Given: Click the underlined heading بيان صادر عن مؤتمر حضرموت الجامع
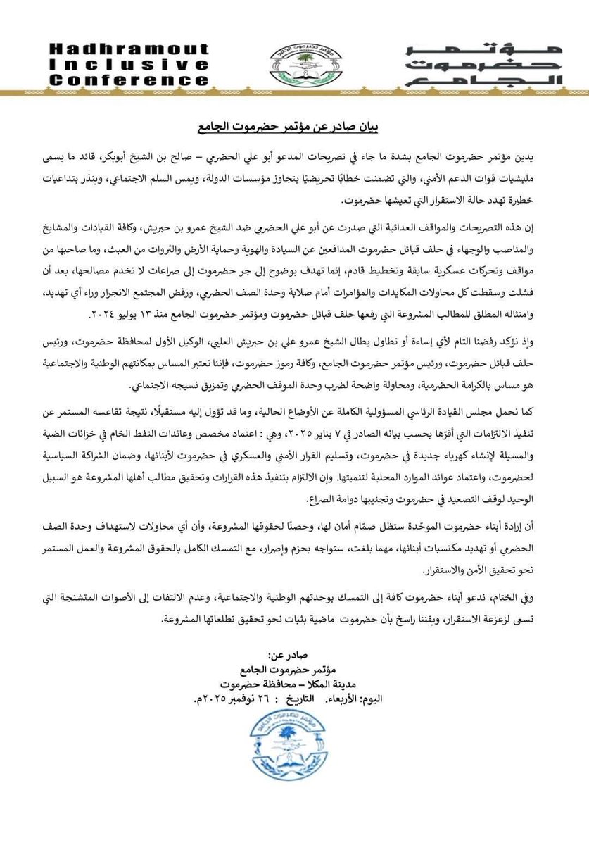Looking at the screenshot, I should tap(295, 129).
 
